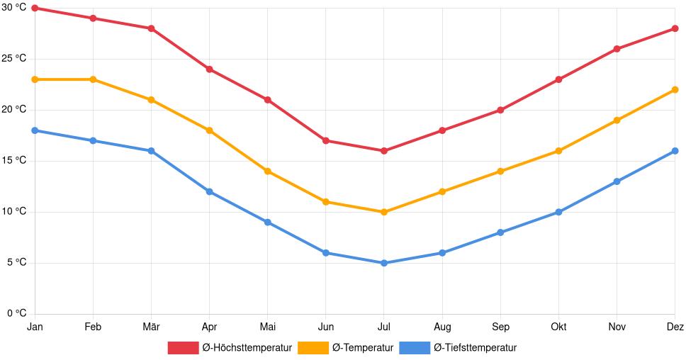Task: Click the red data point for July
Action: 384,151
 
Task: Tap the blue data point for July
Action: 384,263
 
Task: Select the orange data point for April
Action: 209,130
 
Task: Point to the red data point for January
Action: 35,8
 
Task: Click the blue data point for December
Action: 675,151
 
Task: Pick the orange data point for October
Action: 558,151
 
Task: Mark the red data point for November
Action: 617,49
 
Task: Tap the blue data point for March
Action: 151,151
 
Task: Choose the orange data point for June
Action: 326,202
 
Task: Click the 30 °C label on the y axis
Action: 13,8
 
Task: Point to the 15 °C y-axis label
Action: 13,161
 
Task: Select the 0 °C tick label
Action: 16,314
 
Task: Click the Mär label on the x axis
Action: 151,327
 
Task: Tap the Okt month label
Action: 558,327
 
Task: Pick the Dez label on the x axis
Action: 675,327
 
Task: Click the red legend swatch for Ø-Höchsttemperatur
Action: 183,347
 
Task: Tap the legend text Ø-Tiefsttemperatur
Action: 475,347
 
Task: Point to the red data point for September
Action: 500,110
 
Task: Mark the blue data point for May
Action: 268,223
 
